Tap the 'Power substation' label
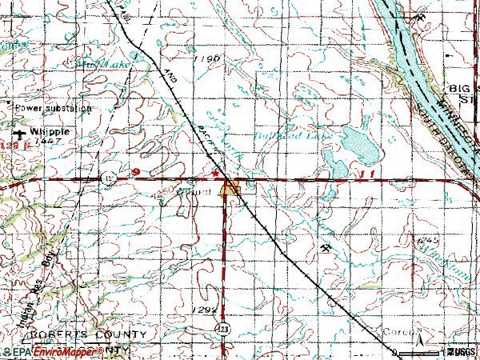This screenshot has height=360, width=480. [x=53, y=106]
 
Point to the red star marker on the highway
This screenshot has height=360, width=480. [x=214, y=171]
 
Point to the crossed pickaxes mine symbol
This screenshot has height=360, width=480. [x=327, y=248]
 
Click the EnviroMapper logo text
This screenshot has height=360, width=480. [x=53, y=351]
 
